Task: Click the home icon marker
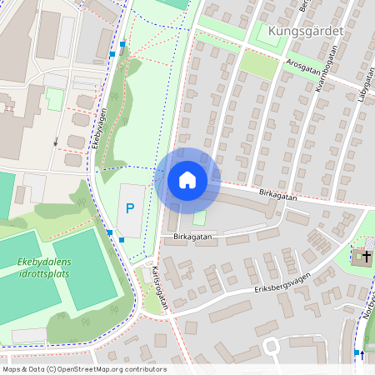[x=187, y=180]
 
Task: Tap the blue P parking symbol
[x=129, y=207]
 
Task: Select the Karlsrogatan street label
[x=161, y=287]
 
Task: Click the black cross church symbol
[x=363, y=257]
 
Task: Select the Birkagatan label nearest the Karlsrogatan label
[x=192, y=237]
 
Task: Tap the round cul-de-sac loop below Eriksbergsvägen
[x=272, y=346]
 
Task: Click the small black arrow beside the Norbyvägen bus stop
[x=362, y=353]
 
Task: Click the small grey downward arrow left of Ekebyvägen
[x=56, y=141]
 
